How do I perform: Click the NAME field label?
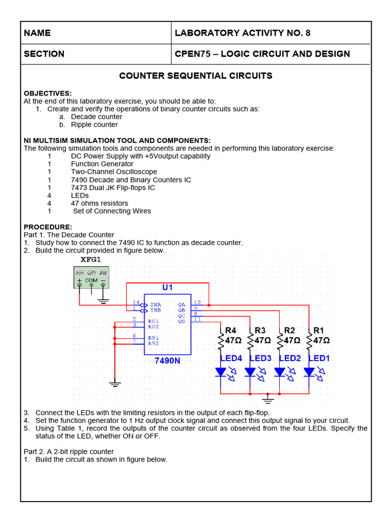pyautogui.click(x=37, y=33)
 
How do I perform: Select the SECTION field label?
pyautogui.click(x=44, y=54)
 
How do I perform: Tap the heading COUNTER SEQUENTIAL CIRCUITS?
pyautogui.click(x=195, y=76)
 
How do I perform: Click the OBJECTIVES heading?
pyautogui.click(x=48, y=93)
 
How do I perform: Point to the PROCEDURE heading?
pyautogui.click(x=48, y=227)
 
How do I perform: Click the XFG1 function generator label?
pyautogui.click(x=91, y=259)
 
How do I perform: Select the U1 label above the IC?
pyautogui.click(x=167, y=288)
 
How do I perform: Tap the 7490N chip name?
pyautogui.click(x=167, y=361)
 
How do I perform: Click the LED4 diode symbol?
pyautogui.click(x=220, y=372)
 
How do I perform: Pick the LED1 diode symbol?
pyautogui.click(x=309, y=372)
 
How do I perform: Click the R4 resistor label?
pyautogui.click(x=231, y=330)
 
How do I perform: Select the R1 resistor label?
pyautogui.click(x=319, y=330)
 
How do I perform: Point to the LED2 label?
pyautogui.click(x=290, y=359)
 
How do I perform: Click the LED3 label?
pyautogui.click(x=260, y=359)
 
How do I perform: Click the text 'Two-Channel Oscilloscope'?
pyautogui.click(x=114, y=172)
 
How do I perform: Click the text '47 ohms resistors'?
pyautogui.click(x=100, y=203)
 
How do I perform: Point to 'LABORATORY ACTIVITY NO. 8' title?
pyautogui.click(x=242, y=33)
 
